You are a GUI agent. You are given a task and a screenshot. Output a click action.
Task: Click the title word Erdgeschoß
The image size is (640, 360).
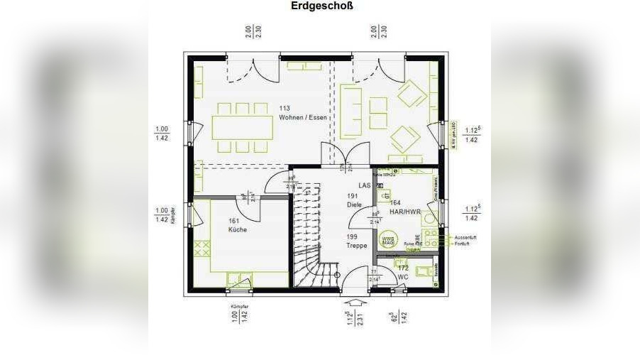click(x=321, y=6)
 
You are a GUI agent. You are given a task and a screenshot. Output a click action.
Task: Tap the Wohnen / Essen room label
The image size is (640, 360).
click(x=303, y=117)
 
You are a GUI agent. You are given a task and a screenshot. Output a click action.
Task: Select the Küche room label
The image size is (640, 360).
click(x=237, y=230)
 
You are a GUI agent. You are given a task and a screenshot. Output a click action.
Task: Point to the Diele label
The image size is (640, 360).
click(x=354, y=204)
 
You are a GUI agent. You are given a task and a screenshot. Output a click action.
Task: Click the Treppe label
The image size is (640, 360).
click(x=357, y=246)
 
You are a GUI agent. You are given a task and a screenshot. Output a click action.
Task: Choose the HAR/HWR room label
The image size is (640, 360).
click(x=404, y=212)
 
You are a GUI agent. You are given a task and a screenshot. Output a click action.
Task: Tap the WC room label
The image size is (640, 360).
click(x=402, y=277)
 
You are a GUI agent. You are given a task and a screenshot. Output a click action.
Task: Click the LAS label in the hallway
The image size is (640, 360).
click(x=365, y=185)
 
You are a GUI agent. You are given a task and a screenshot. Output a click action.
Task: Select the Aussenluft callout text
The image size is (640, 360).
click(x=465, y=237)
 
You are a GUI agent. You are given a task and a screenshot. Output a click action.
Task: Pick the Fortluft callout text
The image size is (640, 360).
click(x=462, y=244)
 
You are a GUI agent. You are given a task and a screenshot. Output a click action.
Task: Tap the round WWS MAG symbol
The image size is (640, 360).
click(x=388, y=239)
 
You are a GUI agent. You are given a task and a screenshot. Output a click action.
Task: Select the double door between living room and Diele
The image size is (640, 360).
click(x=345, y=155)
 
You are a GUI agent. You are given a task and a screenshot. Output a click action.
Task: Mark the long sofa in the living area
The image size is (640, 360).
click(x=351, y=111)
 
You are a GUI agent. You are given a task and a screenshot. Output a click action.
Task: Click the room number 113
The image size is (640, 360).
click(x=285, y=108)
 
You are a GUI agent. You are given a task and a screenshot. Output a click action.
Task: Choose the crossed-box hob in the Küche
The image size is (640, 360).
click(x=202, y=249)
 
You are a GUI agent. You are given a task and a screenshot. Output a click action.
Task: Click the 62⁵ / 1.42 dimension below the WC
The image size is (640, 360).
click(x=397, y=317)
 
